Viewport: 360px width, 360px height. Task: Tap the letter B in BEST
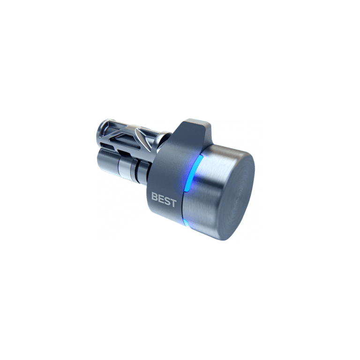click(155, 197)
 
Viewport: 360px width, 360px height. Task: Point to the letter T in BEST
click(173, 202)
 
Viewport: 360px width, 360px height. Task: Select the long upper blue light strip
click(193, 172)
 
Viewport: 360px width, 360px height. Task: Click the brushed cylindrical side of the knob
click(202, 197)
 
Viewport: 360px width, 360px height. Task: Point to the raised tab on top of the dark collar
click(197, 128)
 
